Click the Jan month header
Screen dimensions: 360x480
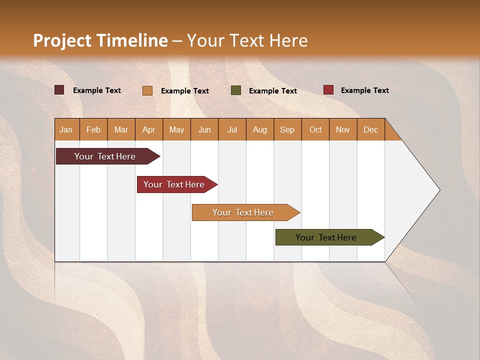tap(66, 129)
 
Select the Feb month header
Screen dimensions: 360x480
tap(93, 129)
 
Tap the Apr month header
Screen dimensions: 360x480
tap(149, 129)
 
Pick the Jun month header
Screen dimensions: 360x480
tap(204, 129)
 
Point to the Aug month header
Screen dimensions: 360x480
tap(260, 129)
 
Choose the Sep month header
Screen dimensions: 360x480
tap(287, 129)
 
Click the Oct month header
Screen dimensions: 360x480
tap(315, 129)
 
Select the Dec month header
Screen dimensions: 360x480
tap(371, 129)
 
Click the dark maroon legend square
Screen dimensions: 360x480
tap(59, 90)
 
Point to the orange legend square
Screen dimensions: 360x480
tap(147, 90)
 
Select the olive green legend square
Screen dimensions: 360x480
tap(236, 90)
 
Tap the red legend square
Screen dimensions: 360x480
tap(328, 90)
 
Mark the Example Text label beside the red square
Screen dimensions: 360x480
tap(364, 90)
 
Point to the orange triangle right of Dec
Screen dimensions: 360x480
tap(391, 133)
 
